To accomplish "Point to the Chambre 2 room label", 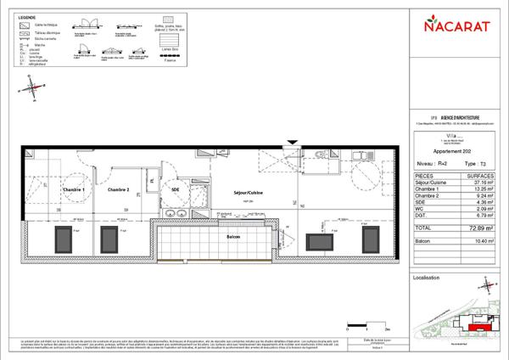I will (117, 190).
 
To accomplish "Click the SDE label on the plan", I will (176, 190).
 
